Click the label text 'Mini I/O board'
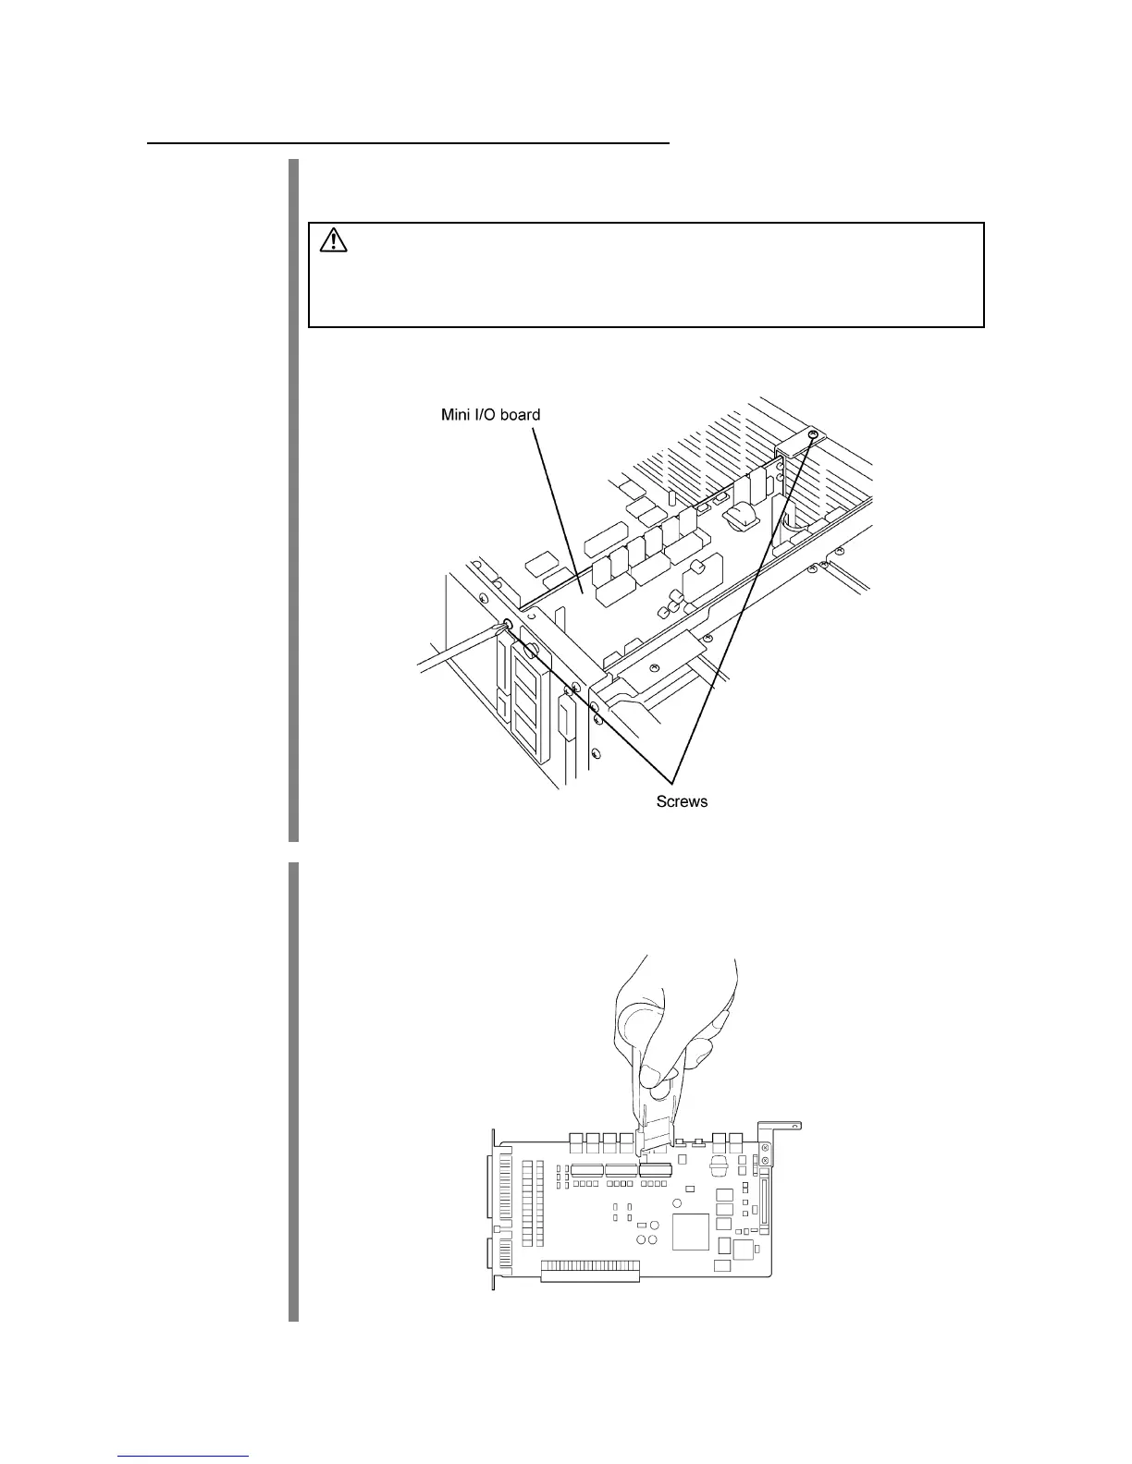coord(490,415)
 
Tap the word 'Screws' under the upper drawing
coord(682,801)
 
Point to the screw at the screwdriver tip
coord(506,626)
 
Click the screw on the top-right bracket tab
coord(812,433)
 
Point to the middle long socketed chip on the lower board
coord(621,1170)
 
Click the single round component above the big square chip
coord(678,1203)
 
